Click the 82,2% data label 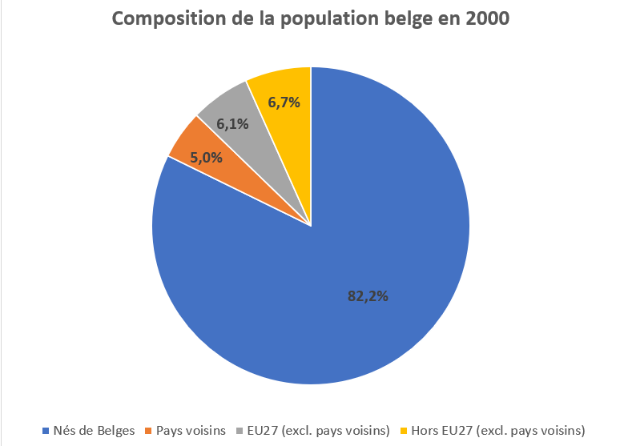(x=368, y=296)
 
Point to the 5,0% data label (x=207, y=158)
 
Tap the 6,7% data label (x=284, y=102)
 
